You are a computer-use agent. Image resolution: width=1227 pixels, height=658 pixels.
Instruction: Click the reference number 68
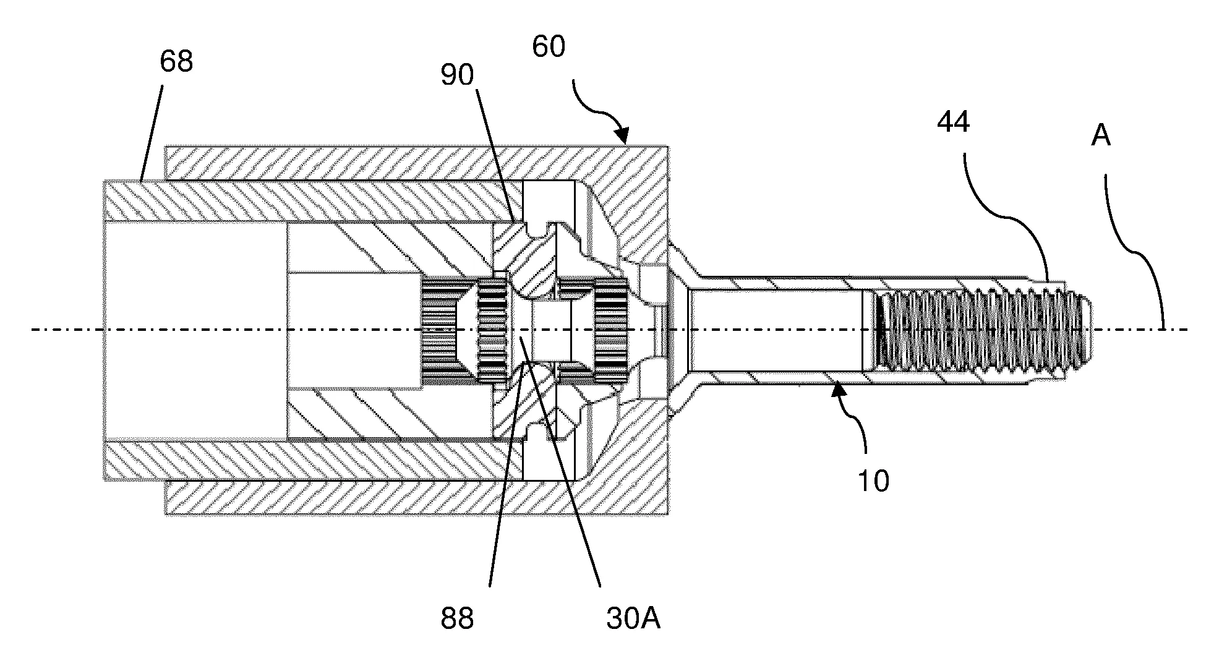coord(176,62)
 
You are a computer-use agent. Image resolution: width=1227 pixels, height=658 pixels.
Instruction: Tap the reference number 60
coord(549,47)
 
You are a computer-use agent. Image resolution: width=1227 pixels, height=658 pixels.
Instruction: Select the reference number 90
coord(456,75)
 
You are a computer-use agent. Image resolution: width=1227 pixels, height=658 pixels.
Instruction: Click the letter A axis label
coord(1100,135)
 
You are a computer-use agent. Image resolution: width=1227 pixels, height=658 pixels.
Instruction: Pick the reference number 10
coord(873,481)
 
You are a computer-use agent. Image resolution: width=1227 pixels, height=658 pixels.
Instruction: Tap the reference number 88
coord(457,619)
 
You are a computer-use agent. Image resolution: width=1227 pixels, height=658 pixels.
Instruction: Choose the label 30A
coord(633,619)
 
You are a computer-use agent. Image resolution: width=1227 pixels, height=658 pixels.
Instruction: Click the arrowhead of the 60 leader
coord(624,137)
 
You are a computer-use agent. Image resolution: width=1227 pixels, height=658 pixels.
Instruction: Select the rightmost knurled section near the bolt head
coord(610,330)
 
